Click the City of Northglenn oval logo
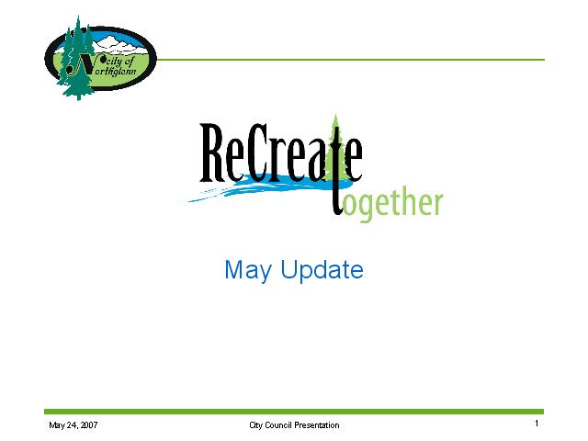coord(100,58)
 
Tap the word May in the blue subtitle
coord(248,270)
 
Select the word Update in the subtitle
coord(322,270)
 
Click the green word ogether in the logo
coord(393,204)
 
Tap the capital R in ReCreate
coord(212,153)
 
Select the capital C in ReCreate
coord(257,153)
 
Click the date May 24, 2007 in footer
coord(73,424)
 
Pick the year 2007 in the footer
coord(89,424)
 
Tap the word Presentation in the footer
coord(317,424)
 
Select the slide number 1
coord(537,424)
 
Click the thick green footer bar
coord(294,412)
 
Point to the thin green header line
coord(351,60)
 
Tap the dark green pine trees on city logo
coord(77,60)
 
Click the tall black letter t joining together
coord(337,171)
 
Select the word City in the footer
coord(255,424)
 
